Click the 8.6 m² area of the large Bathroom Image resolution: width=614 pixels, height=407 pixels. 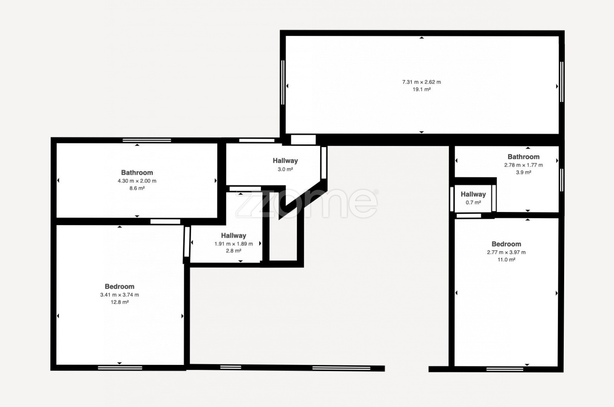click(x=137, y=188)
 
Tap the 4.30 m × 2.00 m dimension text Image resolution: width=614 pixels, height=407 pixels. click(x=137, y=181)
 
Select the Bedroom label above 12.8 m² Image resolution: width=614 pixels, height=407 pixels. click(x=119, y=287)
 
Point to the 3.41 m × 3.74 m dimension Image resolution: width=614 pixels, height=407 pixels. click(x=119, y=295)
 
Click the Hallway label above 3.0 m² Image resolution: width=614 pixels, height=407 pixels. click(x=286, y=161)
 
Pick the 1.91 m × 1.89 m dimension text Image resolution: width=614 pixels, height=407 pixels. click(x=234, y=244)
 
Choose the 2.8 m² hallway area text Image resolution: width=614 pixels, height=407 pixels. click(x=234, y=251)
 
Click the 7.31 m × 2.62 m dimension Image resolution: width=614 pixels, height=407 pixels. click(x=422, y=82)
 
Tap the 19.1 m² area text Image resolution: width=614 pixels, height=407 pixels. click(x=422, y=89)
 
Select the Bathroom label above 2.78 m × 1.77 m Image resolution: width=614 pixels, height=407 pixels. click(x=523, y=157)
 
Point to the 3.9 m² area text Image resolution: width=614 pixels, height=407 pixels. click(x=523, y=172)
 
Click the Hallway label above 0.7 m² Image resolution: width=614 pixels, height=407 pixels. click(x=474, y=194)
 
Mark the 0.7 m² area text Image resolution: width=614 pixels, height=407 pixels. click(x=474, y=203)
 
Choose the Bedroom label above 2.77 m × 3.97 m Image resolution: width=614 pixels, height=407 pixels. click(x=506, y=244)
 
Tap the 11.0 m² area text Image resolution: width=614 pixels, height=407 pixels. click(x=506, y=259)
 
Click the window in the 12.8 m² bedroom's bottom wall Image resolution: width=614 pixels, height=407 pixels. click(x=120, y=368)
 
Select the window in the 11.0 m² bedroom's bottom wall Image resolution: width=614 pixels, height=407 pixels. click(x=505, y=369)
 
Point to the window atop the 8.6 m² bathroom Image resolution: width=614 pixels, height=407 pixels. click(x=147, y=140)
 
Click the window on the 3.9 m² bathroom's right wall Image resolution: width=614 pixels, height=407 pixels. click(x=561, y=180)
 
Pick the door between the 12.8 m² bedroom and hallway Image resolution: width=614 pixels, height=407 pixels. click(x=187, y=242)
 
